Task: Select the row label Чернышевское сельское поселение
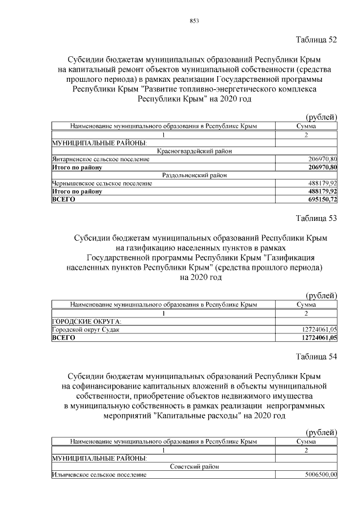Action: (x=102, y=183)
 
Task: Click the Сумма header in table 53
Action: (x=306, y=305)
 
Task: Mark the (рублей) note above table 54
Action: (x=321, y=433)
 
